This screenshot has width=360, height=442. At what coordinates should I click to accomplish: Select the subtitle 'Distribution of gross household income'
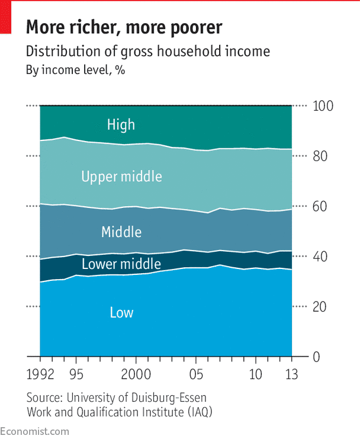pyautogui.click(x=147, y=52)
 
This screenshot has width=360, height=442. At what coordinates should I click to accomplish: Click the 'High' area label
pyautogui.click(x=121, y=124)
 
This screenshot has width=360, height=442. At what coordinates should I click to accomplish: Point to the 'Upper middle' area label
pyautogui.click(x=121, y=176)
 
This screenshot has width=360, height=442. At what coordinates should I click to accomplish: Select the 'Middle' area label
pyautogui.click(x=121, y=232)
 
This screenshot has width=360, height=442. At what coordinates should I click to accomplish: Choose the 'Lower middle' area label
pyautogui.click(x=121, y=264)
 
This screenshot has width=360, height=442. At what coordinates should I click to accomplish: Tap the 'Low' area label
pyautogui.click(x=121, y=312)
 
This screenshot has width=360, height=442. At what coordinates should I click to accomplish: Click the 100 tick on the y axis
pyautogui.click(x=324, y=107)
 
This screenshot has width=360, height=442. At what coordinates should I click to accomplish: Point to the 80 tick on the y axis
pyautogui.click(x=320, y=156)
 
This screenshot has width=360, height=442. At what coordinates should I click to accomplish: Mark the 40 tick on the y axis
pyautogui.click(x=320, y=257)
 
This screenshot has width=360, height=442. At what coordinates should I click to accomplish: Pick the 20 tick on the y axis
pyautogui.click(x=320, y=307)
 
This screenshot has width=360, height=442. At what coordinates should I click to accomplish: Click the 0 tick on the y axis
pyautogui.click(x=316, y=357)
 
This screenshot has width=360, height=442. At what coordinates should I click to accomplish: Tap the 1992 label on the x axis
pyautogui.click(x=40, y=376)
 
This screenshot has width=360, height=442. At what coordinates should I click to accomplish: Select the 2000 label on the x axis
pyautogui.click(x=136, y=376)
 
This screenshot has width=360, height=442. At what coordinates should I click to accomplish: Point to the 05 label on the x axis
pyautogui.click(x=196, y=376)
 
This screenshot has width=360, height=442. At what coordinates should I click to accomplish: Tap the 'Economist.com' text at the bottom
pyautogui.click(x=34, y=431)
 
